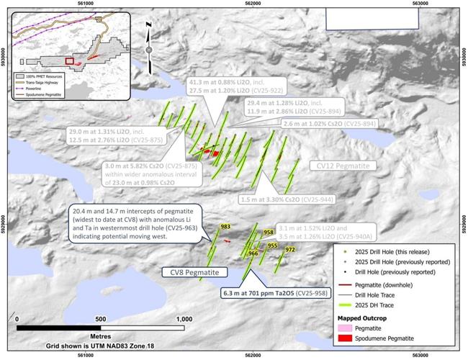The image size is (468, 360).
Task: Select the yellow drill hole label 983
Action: [x=225, y=227]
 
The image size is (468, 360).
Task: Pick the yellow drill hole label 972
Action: [x=290, y=250]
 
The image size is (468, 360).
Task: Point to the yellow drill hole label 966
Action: [x=253, y=253]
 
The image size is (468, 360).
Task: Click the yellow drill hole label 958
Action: [x=269, y=233]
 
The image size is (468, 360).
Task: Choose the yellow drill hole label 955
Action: [x=272, y=246]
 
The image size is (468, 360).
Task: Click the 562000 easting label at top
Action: [x=253, y=4]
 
